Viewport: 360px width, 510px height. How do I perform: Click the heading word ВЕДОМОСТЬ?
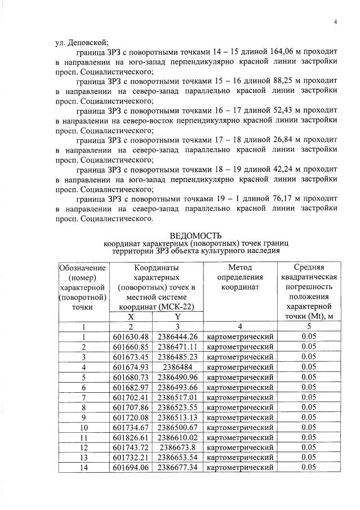pyautogui.click(x=195, y=235)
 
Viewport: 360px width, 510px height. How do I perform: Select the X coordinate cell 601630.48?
pyautogui.click(x=132, y=336)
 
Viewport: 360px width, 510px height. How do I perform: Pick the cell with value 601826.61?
pyautogui.click(x=132, y=437)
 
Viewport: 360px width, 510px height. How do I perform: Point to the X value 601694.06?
pyautogui.click(x=132, y=467)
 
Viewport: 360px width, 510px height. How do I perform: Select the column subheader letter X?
pyautogui.click(x=132, y=317)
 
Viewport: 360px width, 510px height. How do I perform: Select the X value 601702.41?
pyautogui.click(x=132, y=397)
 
